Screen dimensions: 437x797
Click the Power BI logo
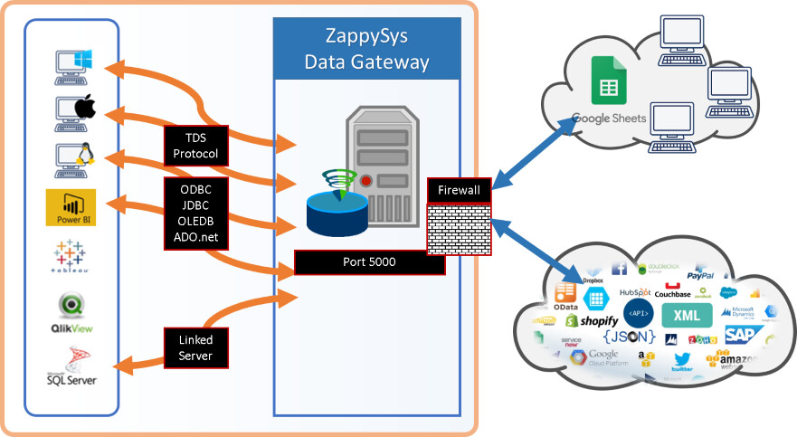click(x=76, y=209)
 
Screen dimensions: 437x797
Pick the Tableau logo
click(x=76, y=256)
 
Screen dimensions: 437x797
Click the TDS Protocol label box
click(x=195, y=146)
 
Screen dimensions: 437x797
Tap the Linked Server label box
click(x=195, y=348)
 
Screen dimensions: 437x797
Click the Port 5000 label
click(x=370, y=263)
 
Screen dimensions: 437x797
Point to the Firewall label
click(x=459, y=191)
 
